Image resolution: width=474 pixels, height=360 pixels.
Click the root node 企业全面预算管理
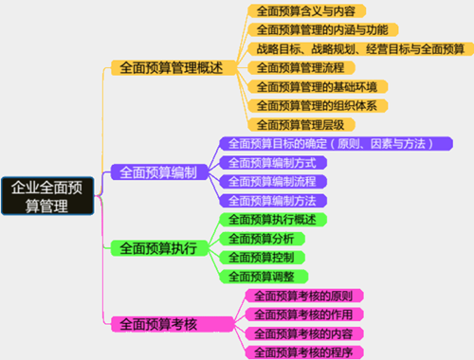(46, 197)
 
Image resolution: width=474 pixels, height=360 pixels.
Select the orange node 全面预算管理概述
(166, 68)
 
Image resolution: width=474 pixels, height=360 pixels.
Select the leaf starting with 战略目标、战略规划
(360, 49)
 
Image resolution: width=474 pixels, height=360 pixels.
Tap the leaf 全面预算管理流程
(301, 68)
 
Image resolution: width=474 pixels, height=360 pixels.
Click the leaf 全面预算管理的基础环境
(316, 87)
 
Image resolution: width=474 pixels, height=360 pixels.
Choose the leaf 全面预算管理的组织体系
(316, 105)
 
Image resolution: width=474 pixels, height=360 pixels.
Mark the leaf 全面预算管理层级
(301, 124)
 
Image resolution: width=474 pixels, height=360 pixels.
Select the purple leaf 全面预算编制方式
(273, 163)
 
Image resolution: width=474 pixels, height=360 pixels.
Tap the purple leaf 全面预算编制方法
(273, 201)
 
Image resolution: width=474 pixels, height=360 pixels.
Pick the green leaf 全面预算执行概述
(273, 220)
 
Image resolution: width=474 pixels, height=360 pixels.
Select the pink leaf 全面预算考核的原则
(305, 296)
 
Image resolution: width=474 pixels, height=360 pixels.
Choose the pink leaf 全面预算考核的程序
(305, 352)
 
